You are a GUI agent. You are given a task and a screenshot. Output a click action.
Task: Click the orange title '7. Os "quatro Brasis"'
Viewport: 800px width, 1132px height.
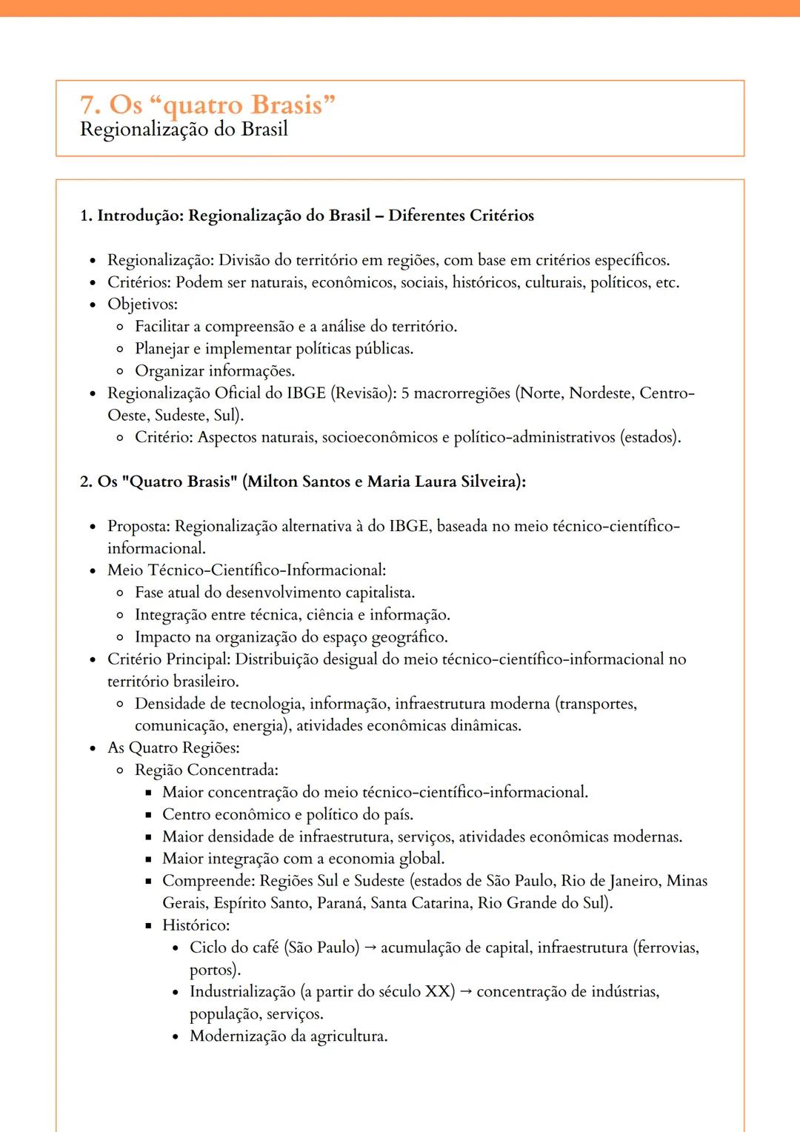click(x=207, y=105)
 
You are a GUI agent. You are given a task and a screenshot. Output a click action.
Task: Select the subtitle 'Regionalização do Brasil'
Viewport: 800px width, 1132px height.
click(x=184, y=130)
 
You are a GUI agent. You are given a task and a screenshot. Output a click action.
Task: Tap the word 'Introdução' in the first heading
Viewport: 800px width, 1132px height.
click(x=140, y=216)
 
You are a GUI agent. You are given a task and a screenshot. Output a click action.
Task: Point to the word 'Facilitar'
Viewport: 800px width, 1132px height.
click(x=161, y=327)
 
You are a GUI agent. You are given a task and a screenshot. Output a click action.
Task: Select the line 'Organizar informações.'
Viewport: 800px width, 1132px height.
click(x=215, y=371)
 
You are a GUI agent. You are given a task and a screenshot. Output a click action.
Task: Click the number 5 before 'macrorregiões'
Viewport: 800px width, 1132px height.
click(x=405, y=393)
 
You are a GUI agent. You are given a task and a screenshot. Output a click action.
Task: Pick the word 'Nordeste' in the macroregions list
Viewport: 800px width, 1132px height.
click(x=600, y=393)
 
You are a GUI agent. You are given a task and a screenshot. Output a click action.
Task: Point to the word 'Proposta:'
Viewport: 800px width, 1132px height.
click(x=139, y=526)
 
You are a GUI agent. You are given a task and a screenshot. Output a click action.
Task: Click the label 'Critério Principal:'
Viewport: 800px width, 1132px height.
click(x=169, y=659)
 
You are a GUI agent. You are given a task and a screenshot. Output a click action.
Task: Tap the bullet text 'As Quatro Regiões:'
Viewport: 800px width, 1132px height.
click(x=173, y=748)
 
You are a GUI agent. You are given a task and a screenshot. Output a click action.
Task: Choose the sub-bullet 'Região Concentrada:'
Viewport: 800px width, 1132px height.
click(x=207, y=770)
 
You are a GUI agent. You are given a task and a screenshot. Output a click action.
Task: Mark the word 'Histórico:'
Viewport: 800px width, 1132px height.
click(x=196, y=925)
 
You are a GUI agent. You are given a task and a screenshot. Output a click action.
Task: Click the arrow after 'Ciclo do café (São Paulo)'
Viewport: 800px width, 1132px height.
click(x=370, y=948)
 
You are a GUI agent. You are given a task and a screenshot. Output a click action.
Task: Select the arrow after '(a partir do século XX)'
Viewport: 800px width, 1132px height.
click(x=466, y=992)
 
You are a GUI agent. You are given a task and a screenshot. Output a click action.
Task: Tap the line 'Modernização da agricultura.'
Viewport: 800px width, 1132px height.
click(x=288, y=1036)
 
